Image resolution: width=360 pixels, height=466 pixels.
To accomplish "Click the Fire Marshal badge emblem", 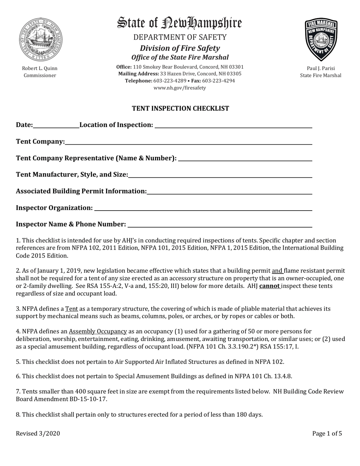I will tap(320, 41).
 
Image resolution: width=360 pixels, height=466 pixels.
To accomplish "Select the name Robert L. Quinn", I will tap(39, 69).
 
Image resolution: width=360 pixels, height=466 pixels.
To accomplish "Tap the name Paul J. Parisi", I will tap(321, 69).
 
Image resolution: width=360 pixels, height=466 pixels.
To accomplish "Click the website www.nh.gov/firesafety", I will tap(180, 88).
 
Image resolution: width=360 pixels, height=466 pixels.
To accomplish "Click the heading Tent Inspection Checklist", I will tap(180, 109).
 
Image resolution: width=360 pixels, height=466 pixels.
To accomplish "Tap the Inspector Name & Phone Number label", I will tap(71, 225).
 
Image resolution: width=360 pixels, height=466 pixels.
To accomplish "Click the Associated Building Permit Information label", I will tap(81, 192).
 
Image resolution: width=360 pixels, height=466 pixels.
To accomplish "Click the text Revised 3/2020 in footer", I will tap(38, 434).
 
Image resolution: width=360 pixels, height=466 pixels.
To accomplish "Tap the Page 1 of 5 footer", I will tap(327, 434).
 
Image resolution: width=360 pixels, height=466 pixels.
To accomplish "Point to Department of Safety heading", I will tap(180, 37).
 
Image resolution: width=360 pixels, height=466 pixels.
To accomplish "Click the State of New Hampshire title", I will tap(180, 23).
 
